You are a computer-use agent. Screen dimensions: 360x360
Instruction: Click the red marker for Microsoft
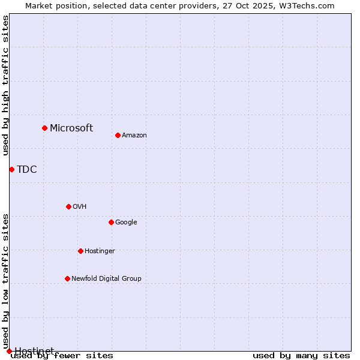click(x=44, y=128)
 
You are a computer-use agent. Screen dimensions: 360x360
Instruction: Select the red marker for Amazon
click(x=118, y=135)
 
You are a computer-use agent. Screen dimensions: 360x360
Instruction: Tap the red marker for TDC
click(x=11, y=169)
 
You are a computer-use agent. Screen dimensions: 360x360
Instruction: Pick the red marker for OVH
click(x=68, y=206)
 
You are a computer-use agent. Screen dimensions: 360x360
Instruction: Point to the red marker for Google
click(x=111, y=222)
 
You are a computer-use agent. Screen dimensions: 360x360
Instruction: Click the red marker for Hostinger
click(x=80, y=251)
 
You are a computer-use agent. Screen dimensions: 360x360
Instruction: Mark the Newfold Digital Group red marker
click(x=67, y=278)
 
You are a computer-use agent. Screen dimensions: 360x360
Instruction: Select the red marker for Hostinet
click(x=9, y=351)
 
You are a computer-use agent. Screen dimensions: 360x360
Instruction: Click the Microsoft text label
click(x=71, y=128)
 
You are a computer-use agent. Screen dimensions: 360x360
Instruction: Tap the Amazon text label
click(x=134, y=135)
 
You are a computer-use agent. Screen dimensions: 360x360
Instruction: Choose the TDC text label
click(x=27, y=169)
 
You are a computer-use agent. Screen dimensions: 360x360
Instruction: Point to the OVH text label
click(x=80, y=206)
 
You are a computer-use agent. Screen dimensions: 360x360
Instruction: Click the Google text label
click(x=126, y=222)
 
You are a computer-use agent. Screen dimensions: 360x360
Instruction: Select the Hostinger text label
click(x=100, y=251)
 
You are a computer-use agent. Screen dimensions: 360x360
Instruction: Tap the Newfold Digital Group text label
click(x=106, y=278)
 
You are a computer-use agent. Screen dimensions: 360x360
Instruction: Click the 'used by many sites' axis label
click(x=301, y=356)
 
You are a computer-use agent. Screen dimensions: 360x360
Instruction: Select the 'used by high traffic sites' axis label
click(x=5, y=85)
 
